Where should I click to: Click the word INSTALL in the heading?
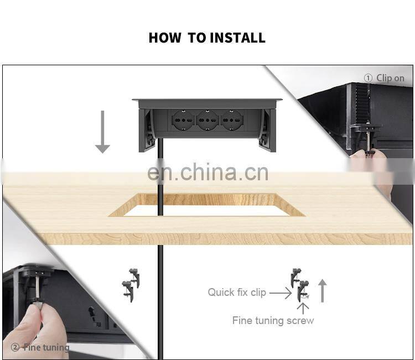[238, 38]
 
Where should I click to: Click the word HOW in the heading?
[165, 38]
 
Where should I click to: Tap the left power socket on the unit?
[183, 120]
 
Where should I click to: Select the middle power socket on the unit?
[207, 120]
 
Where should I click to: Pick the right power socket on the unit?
[231, 120]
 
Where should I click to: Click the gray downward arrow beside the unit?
[102, 132]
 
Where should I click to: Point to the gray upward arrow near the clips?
[322, 291]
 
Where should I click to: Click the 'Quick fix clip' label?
[237, 293]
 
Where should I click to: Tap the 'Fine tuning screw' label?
[273, 321]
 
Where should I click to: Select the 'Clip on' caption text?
[391, 78]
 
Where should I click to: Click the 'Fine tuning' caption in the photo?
[46, 347]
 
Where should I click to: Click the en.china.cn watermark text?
[207, 173]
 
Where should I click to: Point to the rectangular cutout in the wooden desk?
[206, 205]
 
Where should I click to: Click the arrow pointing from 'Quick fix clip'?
[281, 293]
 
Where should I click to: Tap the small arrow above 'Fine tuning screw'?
[303, 309]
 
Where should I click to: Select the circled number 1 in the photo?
[368, 79]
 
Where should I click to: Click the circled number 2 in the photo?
[15, 347]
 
